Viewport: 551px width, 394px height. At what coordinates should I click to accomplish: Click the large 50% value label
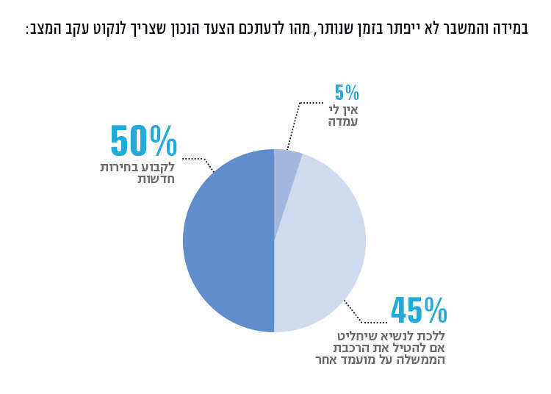point(143,141)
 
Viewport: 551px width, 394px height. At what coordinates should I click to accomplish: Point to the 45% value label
point(419,311)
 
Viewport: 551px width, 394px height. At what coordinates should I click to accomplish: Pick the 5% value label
point(347,93)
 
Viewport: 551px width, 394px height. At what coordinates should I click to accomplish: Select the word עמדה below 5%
point(343,121)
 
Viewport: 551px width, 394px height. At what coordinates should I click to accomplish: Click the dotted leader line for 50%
point(197,159)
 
